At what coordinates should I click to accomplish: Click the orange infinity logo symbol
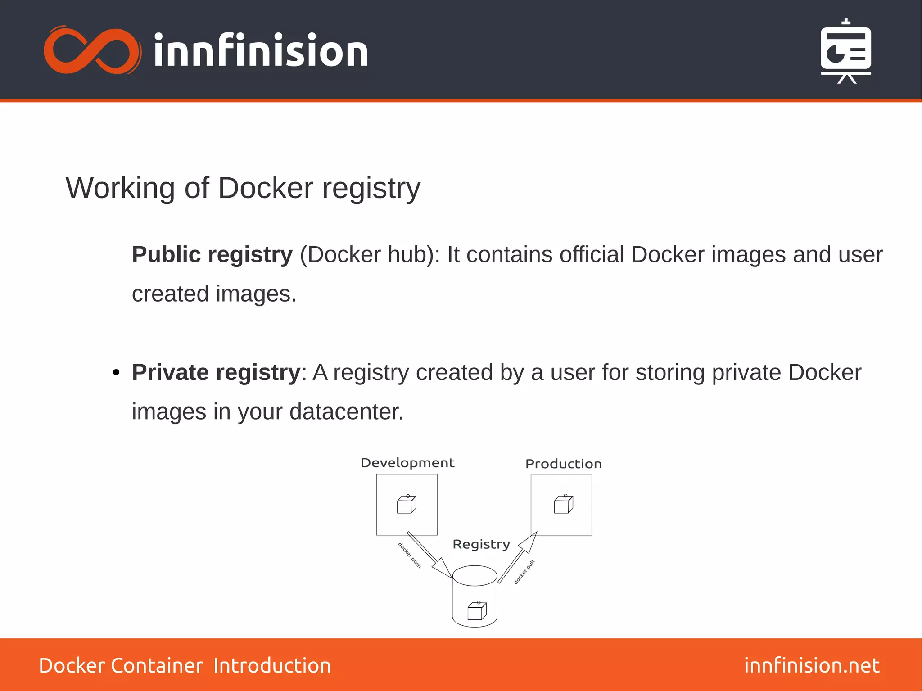[92, 50]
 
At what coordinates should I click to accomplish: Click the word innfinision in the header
[261, 50]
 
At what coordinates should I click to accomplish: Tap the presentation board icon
[845, 52]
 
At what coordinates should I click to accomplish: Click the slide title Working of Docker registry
[243, 188]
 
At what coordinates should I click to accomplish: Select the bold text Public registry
[212, 255]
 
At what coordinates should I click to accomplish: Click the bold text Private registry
[216, 373]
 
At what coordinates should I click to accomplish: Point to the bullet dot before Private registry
[116, 373]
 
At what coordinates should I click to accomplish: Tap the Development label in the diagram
[407, 463]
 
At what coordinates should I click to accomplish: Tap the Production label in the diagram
[563, 464]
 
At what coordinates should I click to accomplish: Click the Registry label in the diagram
[481, 544]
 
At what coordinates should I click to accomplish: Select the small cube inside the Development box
[407, 504]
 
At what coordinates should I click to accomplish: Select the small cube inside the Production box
[563, 504]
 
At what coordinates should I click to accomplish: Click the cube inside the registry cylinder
[477, 611]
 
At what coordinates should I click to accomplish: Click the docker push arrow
[430, 556]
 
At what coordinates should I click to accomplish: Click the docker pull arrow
[518, 557]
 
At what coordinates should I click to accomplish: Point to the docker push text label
[409, 556]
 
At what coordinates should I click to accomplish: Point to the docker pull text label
[524, 572]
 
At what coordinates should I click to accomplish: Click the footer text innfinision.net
[812, 665]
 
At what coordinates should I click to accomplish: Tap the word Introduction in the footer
[272, 666]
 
